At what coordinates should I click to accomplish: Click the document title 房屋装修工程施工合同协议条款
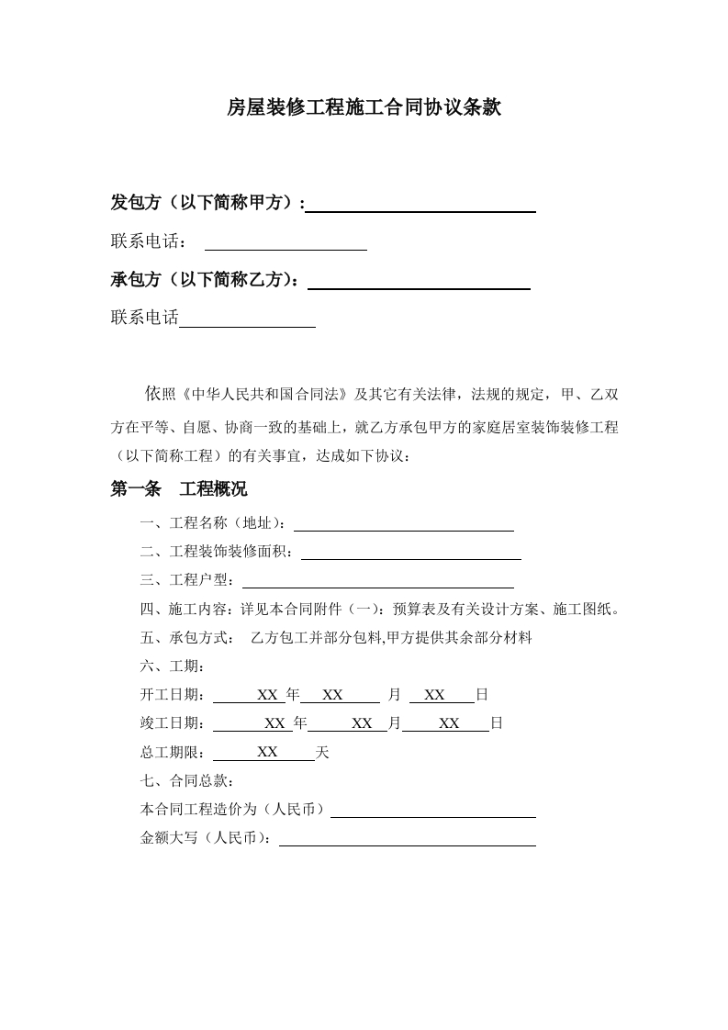click(364, 108)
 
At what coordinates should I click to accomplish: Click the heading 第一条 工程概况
click(179, 489)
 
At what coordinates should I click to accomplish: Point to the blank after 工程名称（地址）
click(403, 524)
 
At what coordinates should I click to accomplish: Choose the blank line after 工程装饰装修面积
click(410, 553)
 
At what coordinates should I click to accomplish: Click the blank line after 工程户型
click(377, 581)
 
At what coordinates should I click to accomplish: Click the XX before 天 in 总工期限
click(267, 752)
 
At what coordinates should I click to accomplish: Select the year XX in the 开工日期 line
click(267, 695)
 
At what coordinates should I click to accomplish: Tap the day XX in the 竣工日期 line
click(449, 723)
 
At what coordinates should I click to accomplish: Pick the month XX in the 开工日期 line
click(332, 695)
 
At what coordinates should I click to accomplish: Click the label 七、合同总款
click(186, 781)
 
